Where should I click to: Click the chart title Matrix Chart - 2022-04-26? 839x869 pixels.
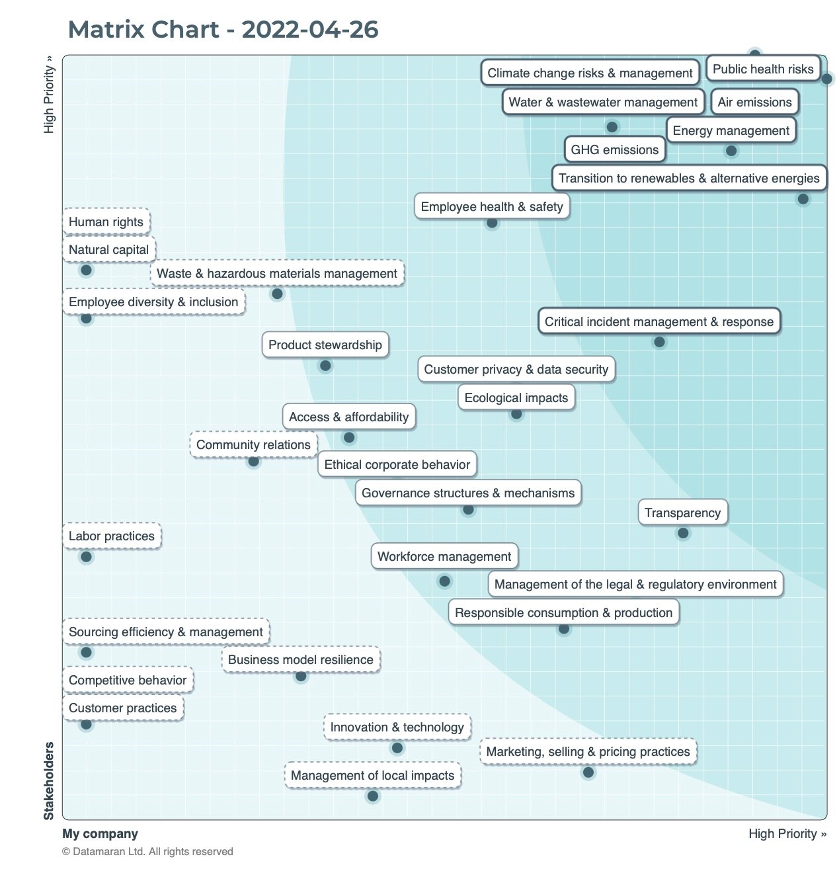click(223, 30)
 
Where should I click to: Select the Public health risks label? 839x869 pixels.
click(763, 69)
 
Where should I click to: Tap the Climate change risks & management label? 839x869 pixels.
click(590, 73)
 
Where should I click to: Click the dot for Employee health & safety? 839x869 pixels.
click(492, 223)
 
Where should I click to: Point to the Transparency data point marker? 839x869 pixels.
click(683, 533)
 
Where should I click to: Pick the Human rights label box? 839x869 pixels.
click(106, 222)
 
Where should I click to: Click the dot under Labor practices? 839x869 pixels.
click(86, 557)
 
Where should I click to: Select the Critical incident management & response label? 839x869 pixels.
click(659, 322)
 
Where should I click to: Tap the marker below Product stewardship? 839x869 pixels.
click(325, 366)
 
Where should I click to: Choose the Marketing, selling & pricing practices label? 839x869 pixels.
click(588, 752)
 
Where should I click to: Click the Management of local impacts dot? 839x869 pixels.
click(373, 796)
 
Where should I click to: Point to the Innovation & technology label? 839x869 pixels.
click(397, 727)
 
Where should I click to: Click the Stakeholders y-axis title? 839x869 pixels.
click(49, 780)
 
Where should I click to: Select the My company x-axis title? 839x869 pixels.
click(100, 834)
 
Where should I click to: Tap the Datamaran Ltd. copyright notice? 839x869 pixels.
click(147, 852)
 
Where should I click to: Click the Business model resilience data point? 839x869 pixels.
click(301, 677)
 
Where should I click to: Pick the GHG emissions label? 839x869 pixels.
click(614, 150)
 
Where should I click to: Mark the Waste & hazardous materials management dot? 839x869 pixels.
click(278, 294)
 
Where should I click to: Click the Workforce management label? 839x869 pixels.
click(444, 557)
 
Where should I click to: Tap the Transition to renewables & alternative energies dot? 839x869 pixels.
click(803, 199)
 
